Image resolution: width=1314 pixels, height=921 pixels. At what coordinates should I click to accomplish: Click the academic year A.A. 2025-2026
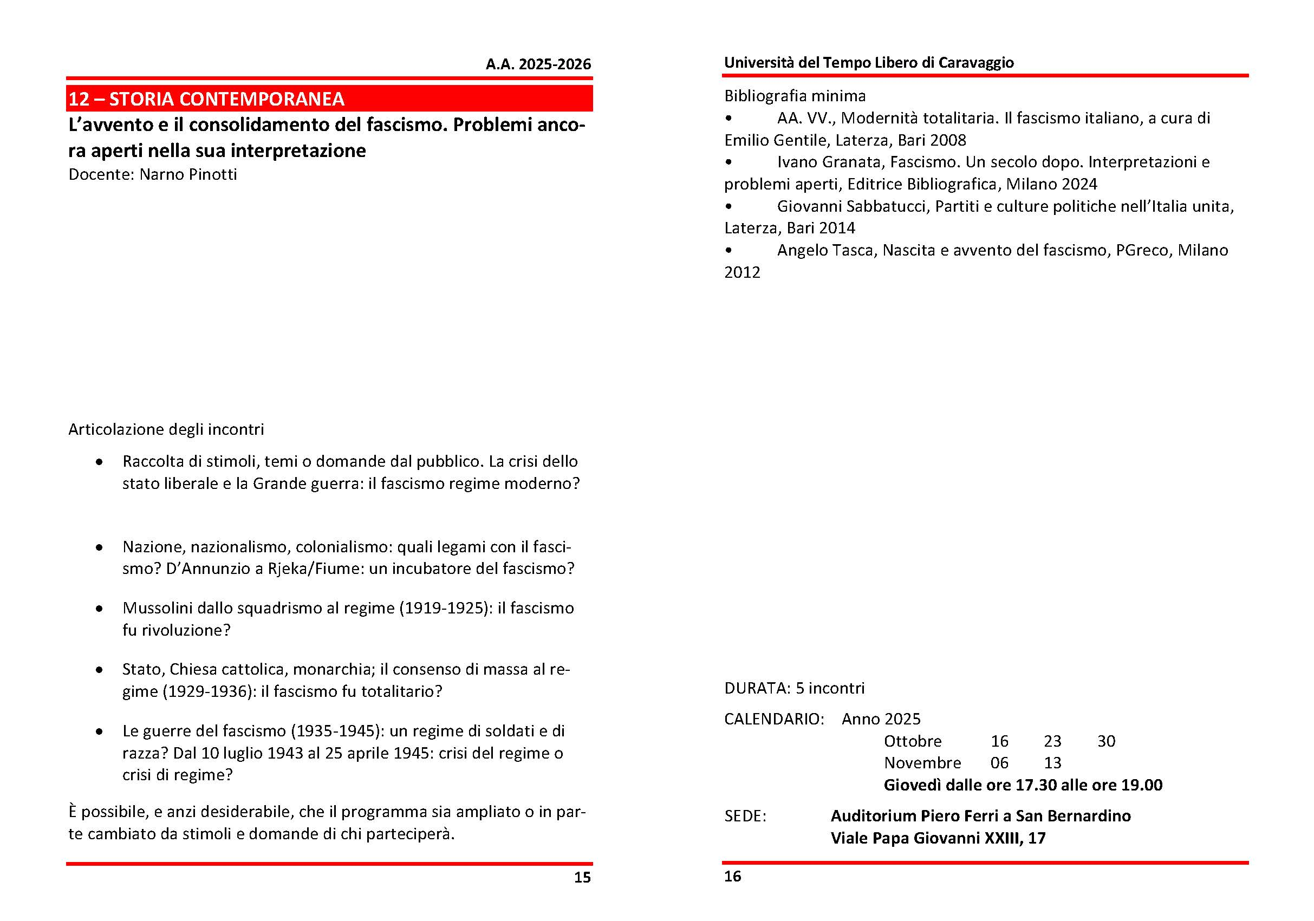click(538, 64)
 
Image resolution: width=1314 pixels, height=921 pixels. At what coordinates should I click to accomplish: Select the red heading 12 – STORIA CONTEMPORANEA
click(206, 99)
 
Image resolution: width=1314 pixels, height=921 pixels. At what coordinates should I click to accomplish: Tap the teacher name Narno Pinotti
click(188, 174)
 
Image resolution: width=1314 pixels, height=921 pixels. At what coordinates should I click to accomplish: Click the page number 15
click(582, 878)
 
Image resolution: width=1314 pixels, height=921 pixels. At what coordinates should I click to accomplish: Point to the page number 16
click(732, 877)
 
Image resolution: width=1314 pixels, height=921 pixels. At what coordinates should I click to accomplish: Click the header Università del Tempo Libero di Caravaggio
click(869, 62)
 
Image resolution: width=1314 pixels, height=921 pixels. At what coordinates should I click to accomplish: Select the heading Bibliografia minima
click(795, 95)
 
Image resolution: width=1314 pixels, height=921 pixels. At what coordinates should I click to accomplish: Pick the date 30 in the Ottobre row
click(1106, 741)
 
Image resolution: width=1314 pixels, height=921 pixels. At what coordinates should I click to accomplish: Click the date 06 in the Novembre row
click(999, 762)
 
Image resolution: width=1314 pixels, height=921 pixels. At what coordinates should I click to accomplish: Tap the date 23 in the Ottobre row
click(1052, 741)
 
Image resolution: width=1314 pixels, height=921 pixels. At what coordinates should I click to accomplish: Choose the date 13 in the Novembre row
click(1052, 762)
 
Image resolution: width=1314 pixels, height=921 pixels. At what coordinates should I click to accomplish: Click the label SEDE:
click(745, 816)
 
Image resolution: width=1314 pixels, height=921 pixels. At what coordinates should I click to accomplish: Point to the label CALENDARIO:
click(775, 719)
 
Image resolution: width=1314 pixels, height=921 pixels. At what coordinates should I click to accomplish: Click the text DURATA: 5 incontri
click(795, 688)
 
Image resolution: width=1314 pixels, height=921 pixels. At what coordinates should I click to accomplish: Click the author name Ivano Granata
click(830, 162)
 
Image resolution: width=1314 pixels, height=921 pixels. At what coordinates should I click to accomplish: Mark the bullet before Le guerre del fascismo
click(100, 731)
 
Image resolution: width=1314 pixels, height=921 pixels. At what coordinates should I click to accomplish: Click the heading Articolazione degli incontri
click(166, 429)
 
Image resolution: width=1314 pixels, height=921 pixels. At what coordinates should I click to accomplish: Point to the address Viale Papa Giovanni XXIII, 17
click(938, 838)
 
